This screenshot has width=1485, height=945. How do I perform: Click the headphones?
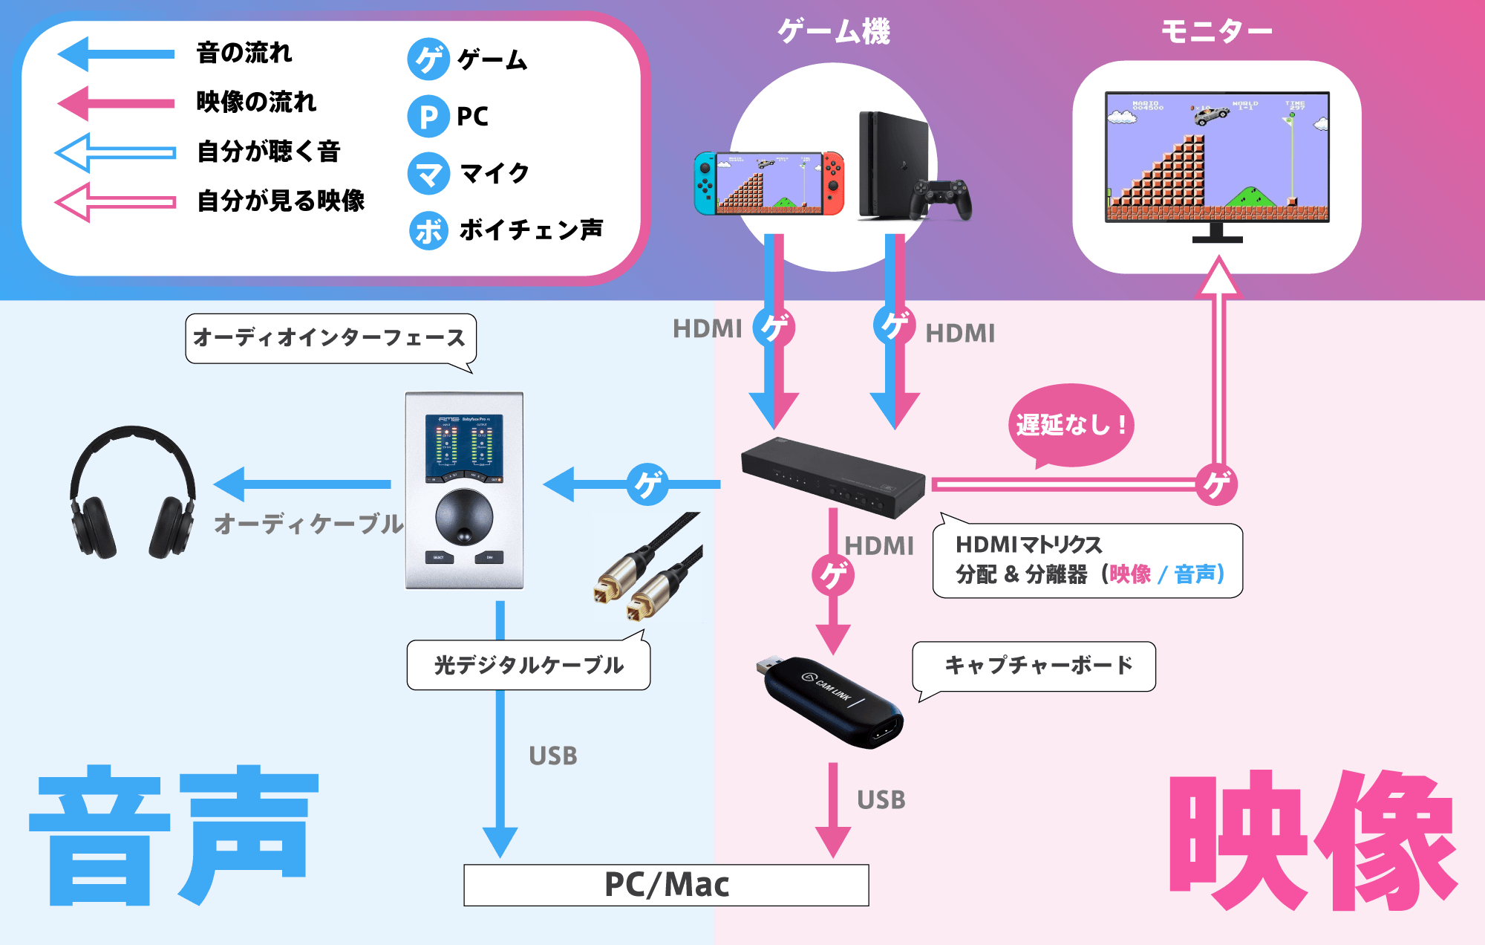(132, 493)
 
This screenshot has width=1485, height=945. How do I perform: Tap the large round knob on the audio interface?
(464, 516)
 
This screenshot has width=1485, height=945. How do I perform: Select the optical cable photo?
(647, 568)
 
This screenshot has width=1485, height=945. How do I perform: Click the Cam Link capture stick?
(832, 701)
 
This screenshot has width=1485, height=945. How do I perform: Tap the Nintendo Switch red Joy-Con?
(833, 182)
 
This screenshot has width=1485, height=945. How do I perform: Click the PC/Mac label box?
(666, 885)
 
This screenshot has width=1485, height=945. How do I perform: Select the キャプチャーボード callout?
(1035, 666)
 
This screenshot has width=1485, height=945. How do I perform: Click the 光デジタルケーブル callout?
(529, 665)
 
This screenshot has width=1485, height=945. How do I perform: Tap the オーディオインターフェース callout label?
(330, 338)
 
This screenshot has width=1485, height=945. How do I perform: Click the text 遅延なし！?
(1071, 425)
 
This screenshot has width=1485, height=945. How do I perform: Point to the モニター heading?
(1216, 31)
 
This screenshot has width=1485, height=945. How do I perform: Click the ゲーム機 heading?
(833, 31)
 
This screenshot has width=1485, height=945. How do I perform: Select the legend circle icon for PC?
(428, 117)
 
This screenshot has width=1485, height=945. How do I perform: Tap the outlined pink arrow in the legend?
(115, 201)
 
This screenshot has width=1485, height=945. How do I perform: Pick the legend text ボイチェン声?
(530, 230)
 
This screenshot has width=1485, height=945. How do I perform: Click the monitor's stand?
(1217, 233)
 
